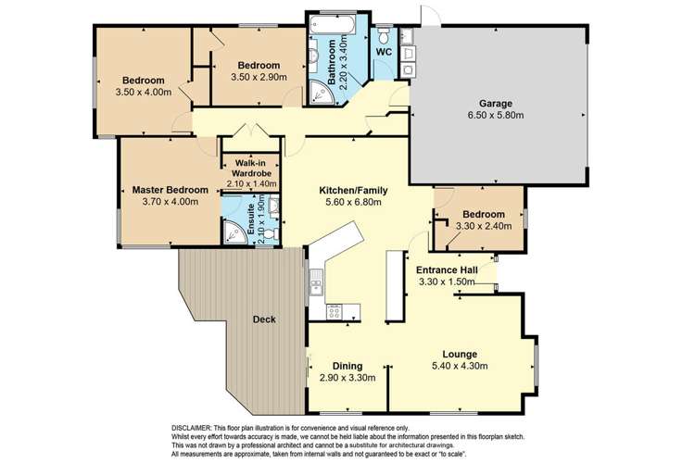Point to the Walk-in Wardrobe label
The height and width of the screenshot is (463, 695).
(252, 167)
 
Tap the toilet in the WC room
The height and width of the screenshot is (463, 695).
(384, 35)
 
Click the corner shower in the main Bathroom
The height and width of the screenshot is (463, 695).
(321, 92)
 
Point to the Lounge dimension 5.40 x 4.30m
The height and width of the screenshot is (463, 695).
(460, 367)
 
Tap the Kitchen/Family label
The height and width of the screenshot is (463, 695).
(348, 190)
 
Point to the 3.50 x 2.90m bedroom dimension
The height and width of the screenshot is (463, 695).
(259, 77)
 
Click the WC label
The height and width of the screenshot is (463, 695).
(385, 53)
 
